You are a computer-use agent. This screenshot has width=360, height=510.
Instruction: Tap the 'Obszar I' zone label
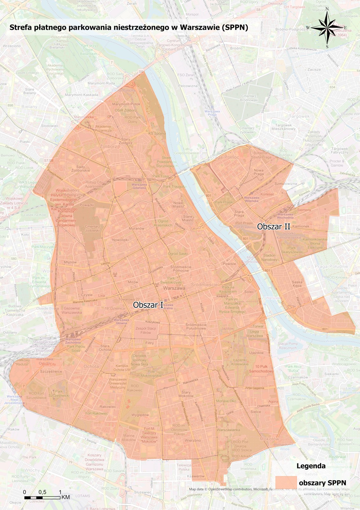pos(148,305)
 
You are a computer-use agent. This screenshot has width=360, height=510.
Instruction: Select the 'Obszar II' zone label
pos(274,227)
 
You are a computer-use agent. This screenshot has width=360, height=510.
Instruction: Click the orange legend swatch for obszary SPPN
pos(286,482)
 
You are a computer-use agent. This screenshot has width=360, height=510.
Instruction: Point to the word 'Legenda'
pos(311,466)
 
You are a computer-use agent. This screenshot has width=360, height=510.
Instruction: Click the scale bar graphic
pos(42,497)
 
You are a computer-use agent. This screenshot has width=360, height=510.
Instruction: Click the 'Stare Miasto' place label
pos(188,218)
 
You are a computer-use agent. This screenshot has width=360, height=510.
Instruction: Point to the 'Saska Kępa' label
pos(297,284)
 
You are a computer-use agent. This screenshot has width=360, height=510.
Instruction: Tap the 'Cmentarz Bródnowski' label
pos(249,98)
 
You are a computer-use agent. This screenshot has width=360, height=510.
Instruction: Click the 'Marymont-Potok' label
pos(126,104)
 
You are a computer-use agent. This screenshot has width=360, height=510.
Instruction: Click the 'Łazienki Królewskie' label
pos(240,362)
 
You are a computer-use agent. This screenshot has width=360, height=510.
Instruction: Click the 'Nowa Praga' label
pos(259,172)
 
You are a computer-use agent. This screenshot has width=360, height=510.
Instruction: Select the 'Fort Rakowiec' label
pos(97,413)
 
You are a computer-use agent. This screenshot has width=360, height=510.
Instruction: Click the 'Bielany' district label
pos(29,107)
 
